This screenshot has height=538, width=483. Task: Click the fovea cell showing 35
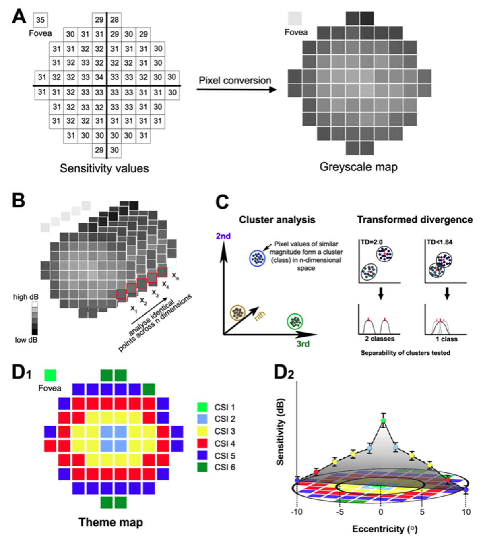tap(40, 20)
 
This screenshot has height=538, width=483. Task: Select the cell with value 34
tap(99, 77)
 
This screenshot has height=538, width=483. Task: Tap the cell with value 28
tap(114, 20)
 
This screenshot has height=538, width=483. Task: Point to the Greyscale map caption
tap(358, 167)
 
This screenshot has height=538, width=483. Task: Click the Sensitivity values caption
tap(104, 168)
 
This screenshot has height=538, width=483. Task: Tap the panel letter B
tap(19, 200)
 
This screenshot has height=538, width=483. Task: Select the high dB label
tap(26, 297)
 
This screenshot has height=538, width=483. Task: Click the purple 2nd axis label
tap(223, 236)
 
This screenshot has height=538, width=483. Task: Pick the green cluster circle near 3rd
tap(295, 322)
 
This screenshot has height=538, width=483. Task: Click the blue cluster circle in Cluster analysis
tap(256, 258)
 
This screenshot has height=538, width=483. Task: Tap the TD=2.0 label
tap(372, 242)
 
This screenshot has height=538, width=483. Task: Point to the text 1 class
tap(446, 339)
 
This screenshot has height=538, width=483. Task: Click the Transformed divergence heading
tap(415, 220)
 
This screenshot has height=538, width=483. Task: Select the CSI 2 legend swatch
tap(202, 419)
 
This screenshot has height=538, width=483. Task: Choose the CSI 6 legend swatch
tap(202, 468)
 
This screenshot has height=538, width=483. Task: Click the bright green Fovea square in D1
tap(50, 375)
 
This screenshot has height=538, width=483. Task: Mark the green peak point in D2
tap(383, 420)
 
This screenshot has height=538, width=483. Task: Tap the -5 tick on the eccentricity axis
tap(340, 512)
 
